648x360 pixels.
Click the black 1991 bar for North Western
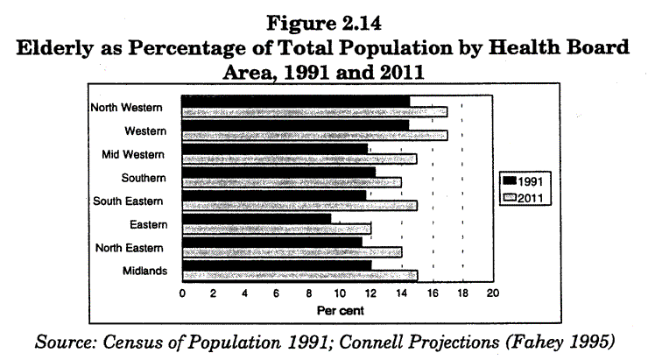pos(295,101)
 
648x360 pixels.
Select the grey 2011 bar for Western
pos(313,135)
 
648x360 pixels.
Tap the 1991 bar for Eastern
pos(256,218)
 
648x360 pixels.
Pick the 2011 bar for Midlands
pos(299,275)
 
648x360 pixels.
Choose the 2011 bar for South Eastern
pos(299,206)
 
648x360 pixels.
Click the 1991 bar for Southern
pos(278,172)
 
